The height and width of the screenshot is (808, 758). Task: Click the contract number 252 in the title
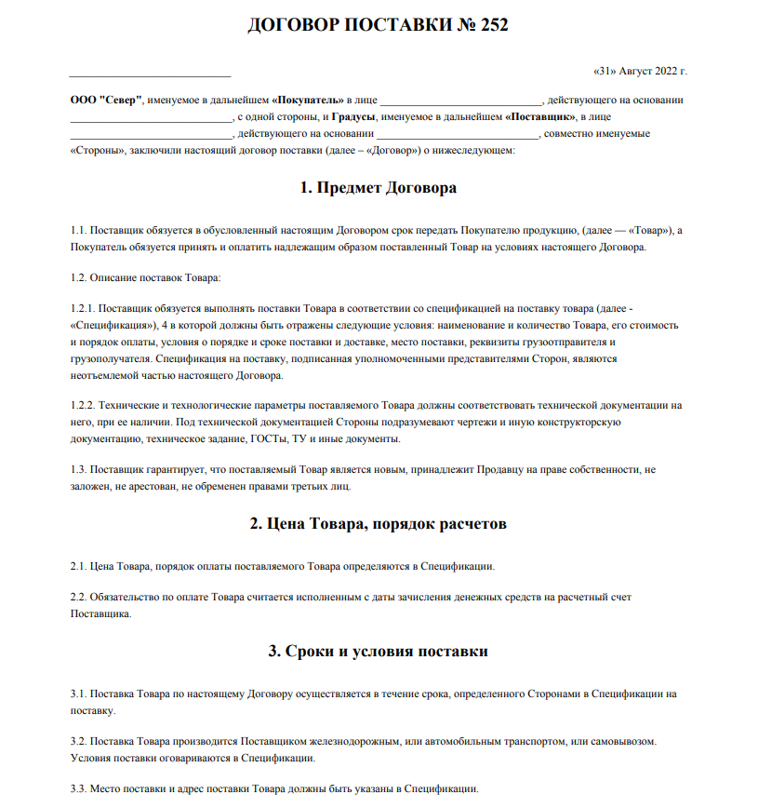(x=495, y=25)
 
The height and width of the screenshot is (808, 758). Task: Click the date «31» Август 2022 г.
(x=640, y=71)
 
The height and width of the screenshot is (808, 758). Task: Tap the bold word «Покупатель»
(x=307, y=101)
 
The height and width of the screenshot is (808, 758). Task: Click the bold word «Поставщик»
(x=539, y=117)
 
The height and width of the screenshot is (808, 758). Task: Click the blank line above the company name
(x=150, y=73)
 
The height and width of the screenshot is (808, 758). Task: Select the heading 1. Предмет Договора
(x=379, y=187)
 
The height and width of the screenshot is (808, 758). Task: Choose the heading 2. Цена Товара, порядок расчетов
(x=379, y=523)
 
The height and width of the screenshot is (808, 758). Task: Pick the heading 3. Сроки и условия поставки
(x=379, y=651)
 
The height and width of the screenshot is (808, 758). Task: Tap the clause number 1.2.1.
(x=84, y=306)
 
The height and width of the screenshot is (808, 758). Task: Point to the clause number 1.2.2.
(x=84, y=406)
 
